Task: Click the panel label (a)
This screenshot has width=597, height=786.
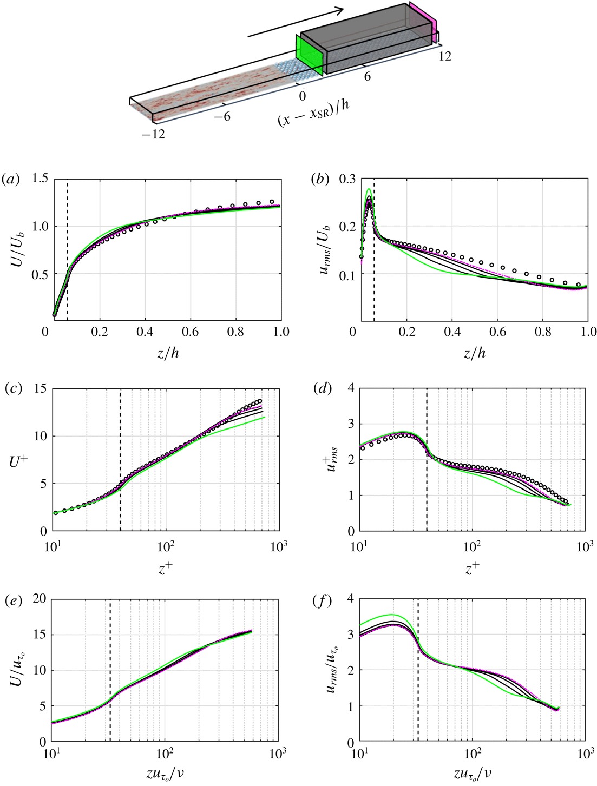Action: (11, 179)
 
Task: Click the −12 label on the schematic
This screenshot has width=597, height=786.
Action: (153, 134)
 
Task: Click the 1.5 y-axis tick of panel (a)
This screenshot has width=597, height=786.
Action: (40, 179)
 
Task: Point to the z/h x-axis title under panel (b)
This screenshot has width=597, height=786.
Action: (474, 353)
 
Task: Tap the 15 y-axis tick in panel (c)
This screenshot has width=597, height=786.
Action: (40, 388)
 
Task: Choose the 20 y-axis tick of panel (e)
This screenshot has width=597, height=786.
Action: (40, 598)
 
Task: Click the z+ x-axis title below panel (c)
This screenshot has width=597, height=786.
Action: (166, 566)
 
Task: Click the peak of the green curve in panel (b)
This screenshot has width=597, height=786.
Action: (369, 189)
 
